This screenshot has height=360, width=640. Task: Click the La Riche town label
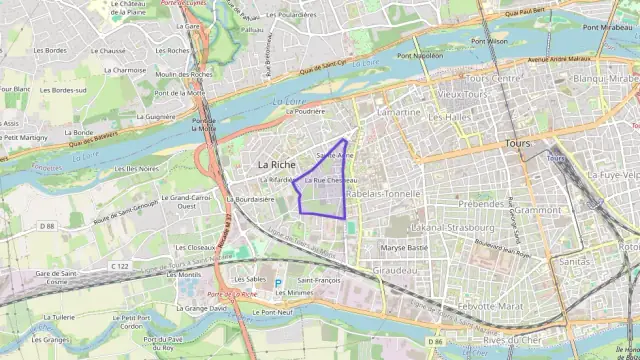[x=276, y=163]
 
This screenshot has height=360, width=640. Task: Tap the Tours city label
[x=518, y=144]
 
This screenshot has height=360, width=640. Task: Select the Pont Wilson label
[x=490, y=42]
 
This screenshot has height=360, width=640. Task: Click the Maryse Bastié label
[x=404, y=247]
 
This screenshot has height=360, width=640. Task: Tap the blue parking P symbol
[x=279, y=283]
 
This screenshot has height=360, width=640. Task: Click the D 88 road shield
[x=47, y=226]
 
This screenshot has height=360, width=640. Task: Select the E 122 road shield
[x=121, y=266]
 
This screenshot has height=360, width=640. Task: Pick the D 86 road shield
[x=434, y=342]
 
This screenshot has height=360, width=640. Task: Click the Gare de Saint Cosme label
[x=57, y=277]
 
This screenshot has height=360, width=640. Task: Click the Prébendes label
[x=482, y=203]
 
